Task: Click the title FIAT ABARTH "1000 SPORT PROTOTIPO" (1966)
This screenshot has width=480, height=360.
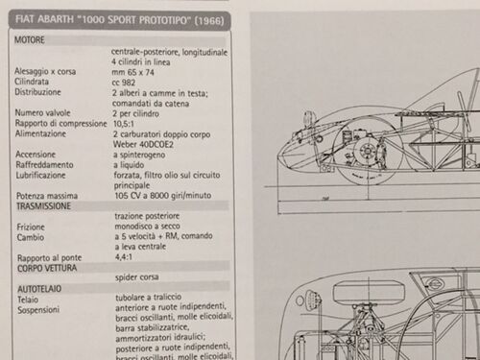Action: [119, 20]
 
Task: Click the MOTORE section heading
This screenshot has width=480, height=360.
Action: [30, 40]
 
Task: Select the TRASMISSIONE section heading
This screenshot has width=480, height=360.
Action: [43, 206]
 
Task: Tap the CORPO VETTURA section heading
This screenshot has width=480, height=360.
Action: [47, 268]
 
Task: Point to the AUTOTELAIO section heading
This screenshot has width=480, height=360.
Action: [39, 289]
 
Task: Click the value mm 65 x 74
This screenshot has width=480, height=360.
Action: [132, 72]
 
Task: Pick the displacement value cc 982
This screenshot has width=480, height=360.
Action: [124, 83]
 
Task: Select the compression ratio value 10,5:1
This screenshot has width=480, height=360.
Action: [124, 124]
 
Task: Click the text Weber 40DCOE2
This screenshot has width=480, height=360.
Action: [143, 144]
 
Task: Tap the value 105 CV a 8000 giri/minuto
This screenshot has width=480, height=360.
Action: [163, 196]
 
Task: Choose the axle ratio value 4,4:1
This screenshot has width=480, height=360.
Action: [124, 256]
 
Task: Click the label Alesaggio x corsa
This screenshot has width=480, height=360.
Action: [45, 71]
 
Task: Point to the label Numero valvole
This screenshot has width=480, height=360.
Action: [42, 112]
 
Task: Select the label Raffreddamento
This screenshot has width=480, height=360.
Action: [44, 165]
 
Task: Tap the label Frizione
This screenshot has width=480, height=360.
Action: [31, 228]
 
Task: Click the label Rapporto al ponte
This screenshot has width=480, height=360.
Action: [50, 258]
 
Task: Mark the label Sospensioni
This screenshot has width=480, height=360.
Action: [38, 310]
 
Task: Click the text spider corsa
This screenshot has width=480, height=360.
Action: [137, 277]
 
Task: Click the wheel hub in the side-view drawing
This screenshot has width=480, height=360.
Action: [366, 151]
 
